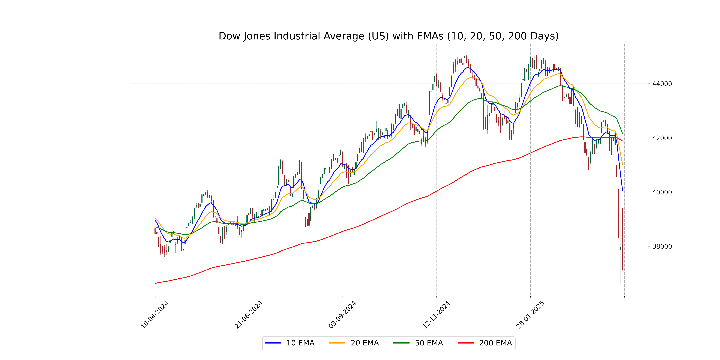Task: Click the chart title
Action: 388,36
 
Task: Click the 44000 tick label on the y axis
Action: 662,84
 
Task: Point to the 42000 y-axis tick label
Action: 662,138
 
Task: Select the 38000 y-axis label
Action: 662,246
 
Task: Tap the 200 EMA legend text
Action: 495,343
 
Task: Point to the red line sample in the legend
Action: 466,343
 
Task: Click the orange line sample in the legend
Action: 337,343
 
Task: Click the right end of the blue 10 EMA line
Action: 622,190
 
